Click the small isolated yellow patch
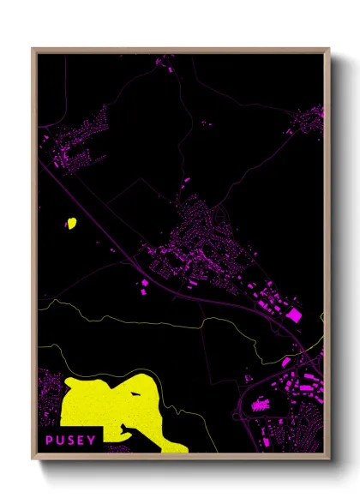[x=71, y=224]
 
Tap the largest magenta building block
[x=293, y=315]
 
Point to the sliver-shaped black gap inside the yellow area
[x=138, y=393]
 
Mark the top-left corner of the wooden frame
[x=33, y=49]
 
